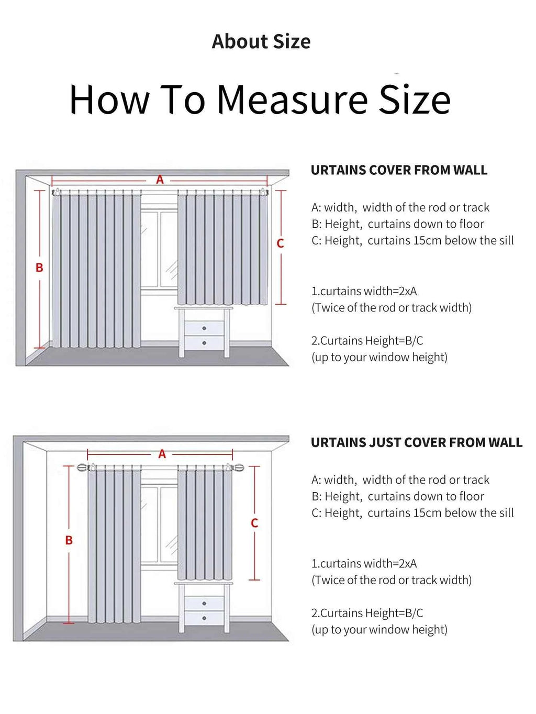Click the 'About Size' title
coord(261,41)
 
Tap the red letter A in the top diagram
coord(160,180)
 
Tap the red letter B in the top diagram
coord(39,267)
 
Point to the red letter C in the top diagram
coord(280,243)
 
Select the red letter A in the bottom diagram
coord(162,454)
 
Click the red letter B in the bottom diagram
coord(69,540)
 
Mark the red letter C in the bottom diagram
coord(254,522)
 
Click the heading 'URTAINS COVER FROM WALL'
coord(399,170)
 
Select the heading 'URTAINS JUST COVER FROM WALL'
coord(416,442)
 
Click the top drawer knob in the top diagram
coord(204,328)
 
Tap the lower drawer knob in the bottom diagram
coord(204,618)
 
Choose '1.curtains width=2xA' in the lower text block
coord(364,563)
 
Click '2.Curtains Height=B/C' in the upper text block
coord(367,341)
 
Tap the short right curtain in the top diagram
coord(222,249)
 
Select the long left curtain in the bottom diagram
coord(114,544)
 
